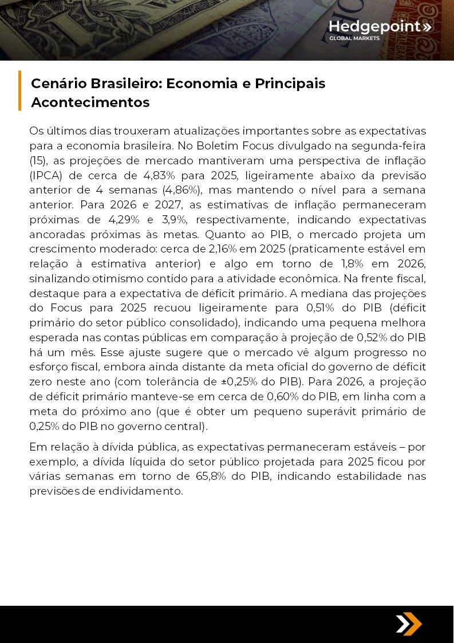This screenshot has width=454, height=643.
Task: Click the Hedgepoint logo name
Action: (x=376, y=26)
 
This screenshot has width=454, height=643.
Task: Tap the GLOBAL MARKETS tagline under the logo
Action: (x=354, y=39)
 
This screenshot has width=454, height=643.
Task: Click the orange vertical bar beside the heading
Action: (x=20, y=90)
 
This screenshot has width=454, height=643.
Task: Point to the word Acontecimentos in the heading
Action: (x=90, y=102)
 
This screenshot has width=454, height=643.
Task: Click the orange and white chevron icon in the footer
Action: (x=408, y=624)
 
